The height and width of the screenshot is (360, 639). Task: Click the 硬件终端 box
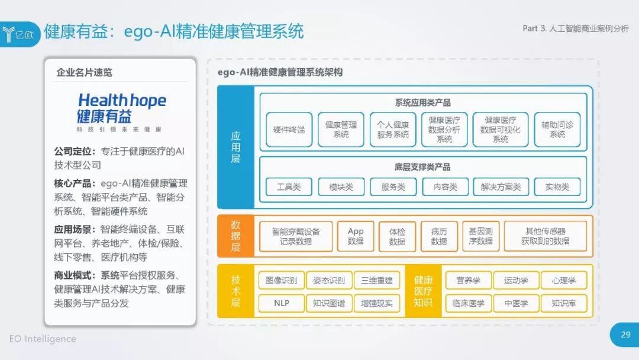(289, 129)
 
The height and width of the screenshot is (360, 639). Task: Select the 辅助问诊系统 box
(557, 129)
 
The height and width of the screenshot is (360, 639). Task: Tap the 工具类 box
(289, 187)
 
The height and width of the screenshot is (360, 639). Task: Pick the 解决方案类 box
(501, 187)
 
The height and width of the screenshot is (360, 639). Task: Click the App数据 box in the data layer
(356, 236)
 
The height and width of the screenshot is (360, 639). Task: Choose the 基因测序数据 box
(480, 236)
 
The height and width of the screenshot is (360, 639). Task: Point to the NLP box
(281, 304)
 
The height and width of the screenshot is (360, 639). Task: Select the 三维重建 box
(376, 280)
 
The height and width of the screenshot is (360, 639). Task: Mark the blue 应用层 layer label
(235, 147)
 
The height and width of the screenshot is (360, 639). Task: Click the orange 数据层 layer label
(235, 236)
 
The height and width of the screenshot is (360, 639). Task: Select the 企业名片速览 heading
(84, 73)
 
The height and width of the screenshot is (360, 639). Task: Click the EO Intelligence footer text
(43, 339)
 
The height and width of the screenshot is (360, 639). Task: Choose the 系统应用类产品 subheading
(422, 102)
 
